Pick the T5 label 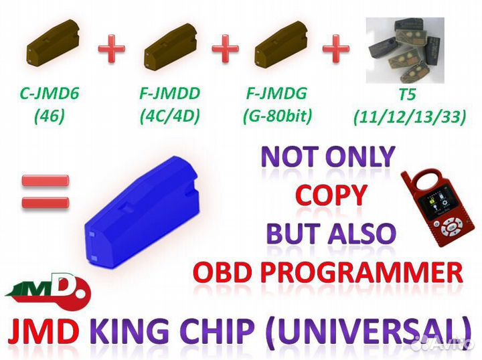coord(407,94)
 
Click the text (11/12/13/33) coord(407,116)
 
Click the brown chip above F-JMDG coord(281,46)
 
